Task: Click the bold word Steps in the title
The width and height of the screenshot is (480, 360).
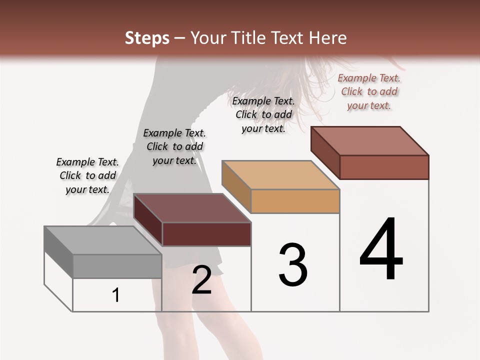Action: pos(147,38)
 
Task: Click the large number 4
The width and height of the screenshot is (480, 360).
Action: pos(381,250)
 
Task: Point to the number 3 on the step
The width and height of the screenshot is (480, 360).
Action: pos(293,265)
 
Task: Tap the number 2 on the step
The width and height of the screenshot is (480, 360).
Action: pos(201,280)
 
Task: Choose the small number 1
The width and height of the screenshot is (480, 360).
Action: pos(116,295)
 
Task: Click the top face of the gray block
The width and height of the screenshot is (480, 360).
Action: pos(102,240)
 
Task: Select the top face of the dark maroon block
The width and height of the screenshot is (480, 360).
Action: pos(192,208)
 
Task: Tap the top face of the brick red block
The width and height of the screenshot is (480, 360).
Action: pos(370,141)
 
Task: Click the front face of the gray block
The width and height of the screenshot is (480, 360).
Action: pos(117,266)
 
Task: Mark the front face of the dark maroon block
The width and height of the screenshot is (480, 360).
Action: pos(206,234)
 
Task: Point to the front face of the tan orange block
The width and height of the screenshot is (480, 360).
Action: pos(295,201)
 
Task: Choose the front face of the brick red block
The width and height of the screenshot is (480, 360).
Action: pos(384,167)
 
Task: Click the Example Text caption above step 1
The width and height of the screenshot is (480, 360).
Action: pos(87,175)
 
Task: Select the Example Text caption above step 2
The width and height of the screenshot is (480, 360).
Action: pos(174,146)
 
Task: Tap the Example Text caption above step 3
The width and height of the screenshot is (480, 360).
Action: pos(263,114)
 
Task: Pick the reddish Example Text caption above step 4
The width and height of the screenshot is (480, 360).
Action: pos(369,91)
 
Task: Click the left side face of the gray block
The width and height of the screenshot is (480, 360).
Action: pos(58,252)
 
